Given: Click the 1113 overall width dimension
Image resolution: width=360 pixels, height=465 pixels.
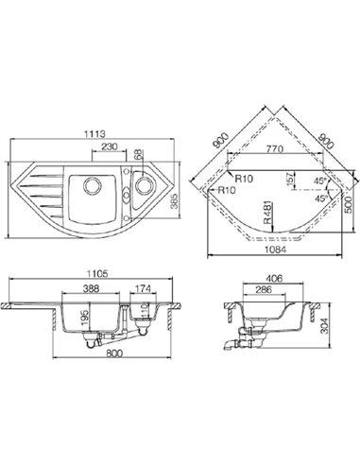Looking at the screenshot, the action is coord(94,134).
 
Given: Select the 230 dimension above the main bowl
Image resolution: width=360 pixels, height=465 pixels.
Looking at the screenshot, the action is coord(110,146).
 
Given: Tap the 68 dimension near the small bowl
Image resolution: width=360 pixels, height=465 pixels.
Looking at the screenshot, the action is coord(139,154).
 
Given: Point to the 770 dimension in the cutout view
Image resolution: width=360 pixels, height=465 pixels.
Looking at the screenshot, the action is coord(275,148).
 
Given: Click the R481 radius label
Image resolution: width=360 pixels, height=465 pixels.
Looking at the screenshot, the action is coord(266,214).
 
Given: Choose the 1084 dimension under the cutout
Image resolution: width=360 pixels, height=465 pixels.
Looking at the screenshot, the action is coord(275,250).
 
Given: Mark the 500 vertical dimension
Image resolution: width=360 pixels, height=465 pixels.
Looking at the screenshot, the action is coord(348,205).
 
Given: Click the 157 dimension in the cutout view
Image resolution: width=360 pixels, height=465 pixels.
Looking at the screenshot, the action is coord(291,179).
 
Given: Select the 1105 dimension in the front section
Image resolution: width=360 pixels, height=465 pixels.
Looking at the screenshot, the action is coord(97,274).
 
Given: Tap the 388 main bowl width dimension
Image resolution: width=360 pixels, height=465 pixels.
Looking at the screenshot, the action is coord(92,288).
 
